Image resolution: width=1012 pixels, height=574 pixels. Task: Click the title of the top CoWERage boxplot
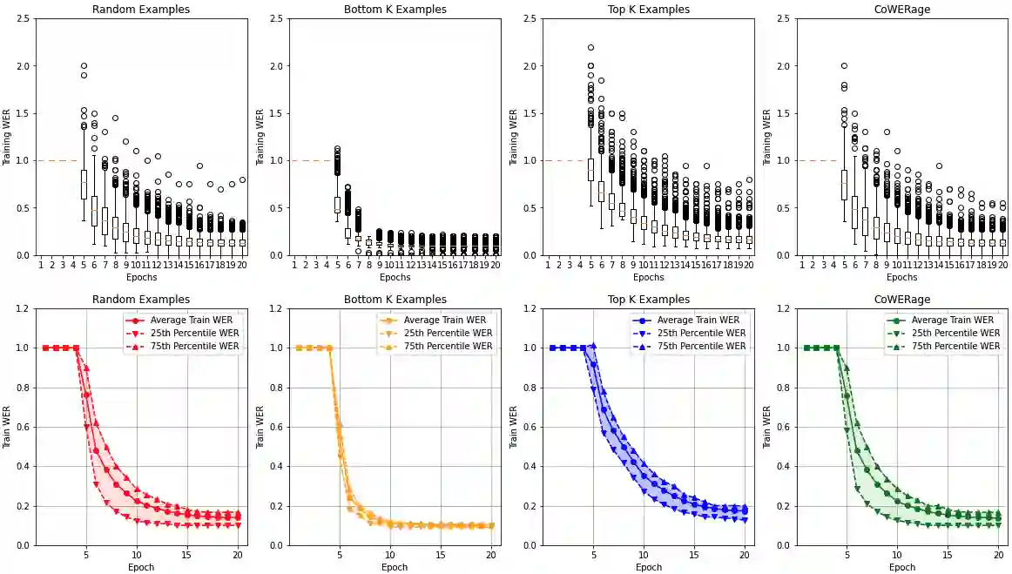[902, 10]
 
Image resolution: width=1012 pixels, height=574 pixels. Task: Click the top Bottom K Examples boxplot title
[395, 10]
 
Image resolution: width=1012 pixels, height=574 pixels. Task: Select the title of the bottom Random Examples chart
[141, 300]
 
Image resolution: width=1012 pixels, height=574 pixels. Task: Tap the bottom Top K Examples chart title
[648, 300]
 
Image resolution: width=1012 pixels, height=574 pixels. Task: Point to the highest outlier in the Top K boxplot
[590, 48]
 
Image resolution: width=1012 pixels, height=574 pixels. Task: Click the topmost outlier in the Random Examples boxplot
[84, 66]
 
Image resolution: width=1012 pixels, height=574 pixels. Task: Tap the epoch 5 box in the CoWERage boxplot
[844, 185]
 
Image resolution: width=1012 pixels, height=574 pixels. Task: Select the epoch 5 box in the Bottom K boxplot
[337, 205]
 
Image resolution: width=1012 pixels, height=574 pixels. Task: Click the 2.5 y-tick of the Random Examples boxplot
[24, 18]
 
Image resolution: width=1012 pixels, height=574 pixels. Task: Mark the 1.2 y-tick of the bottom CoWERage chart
[785, 308]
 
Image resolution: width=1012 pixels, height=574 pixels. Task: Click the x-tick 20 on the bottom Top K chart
[745, 554]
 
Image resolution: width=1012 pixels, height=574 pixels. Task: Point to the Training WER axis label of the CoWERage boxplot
[766, 138]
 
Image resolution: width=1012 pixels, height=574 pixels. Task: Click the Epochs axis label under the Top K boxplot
[648, 277]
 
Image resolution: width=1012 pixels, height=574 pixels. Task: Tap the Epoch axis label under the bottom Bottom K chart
[395, 567]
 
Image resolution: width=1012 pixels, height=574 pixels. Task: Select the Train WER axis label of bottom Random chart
[6, 427]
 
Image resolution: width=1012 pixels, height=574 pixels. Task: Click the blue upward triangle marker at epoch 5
[593, 347]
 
